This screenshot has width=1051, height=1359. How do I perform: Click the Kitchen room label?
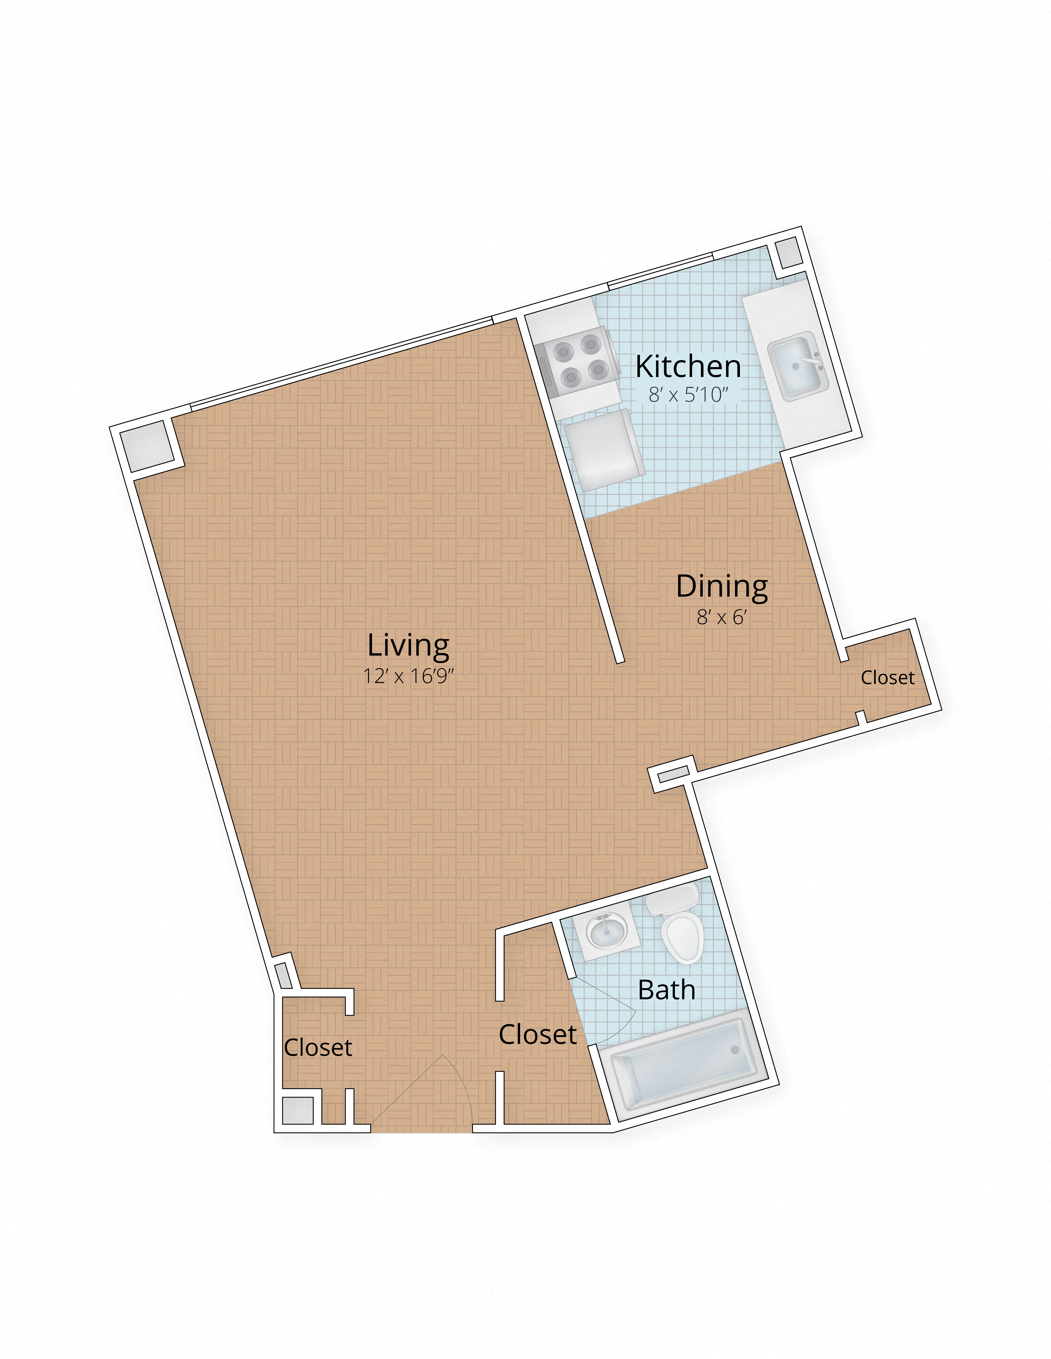coord(688,366)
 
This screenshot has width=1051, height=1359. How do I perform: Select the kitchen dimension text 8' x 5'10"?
coord(688,394)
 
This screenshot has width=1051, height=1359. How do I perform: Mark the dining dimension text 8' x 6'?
coord(722,617)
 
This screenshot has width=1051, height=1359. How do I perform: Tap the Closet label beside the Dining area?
coord(887,678)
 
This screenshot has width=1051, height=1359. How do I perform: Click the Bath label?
coord(666,990)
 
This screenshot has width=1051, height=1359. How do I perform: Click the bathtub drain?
coord(735,1050)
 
